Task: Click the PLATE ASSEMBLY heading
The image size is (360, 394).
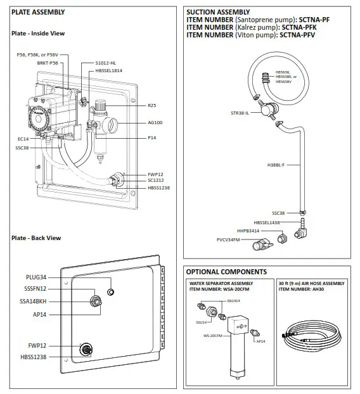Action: tap(38, 12)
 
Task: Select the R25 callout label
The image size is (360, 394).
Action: tap(151, 105)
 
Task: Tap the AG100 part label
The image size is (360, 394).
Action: tap(155, 122)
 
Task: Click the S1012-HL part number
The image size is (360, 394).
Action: tap(106, 63)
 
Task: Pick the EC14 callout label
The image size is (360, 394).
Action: tap(23, 138)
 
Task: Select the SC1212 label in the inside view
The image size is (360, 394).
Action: tap(156, 181)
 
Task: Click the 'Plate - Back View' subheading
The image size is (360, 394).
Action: tap(36, 238)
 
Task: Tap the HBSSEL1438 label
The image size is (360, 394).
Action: tap(269, 222)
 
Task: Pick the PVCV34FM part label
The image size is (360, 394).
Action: tap(228, 240)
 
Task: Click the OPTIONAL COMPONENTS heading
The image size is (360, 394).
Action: tap(226, 272)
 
